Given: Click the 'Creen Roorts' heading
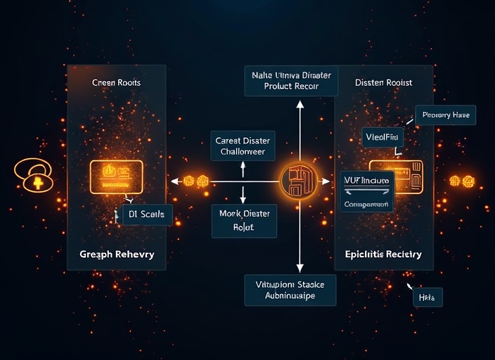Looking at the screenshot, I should (116, 82).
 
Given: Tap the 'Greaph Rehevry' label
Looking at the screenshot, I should (116, 254).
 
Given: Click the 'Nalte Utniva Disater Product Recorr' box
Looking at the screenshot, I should (291, 80).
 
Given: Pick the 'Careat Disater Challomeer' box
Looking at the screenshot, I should (243, 146).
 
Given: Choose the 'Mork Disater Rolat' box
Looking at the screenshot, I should (243, 221).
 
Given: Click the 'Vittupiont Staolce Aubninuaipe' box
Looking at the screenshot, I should (290, 290).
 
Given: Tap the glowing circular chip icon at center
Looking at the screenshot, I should (299, 181).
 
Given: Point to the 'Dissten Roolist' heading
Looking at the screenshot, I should (383, 82).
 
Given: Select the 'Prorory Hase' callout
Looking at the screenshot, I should (446, 115).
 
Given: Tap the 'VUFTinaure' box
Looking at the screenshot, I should (366, 181).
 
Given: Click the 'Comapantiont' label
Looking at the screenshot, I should (366, 205).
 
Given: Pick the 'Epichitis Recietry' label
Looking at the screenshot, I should (383, 254).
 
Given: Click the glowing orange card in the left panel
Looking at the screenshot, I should (116, 174).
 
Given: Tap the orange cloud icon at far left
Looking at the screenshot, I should (33, 176).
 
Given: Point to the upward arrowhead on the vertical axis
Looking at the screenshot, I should (300, 105).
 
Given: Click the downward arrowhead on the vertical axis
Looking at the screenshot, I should (300, 267).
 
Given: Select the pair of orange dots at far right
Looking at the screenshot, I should (462, 181).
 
